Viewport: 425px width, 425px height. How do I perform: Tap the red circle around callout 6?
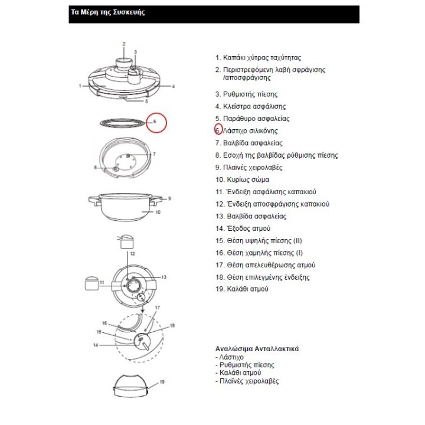pos(156,123)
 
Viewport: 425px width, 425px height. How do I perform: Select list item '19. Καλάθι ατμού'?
pos(242,289)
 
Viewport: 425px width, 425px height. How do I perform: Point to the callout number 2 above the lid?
pos(124,44)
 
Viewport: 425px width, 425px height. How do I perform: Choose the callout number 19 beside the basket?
pos(162,382)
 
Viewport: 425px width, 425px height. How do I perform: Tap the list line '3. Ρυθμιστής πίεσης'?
pos(246,94)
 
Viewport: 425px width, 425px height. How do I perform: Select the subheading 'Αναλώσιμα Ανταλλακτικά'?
pos(257,349)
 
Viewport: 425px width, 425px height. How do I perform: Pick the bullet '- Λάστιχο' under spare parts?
pos(230,358)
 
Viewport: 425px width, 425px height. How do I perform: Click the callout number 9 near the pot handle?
pos(169,199)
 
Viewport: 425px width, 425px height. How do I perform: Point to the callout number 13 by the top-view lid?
pos(164,277)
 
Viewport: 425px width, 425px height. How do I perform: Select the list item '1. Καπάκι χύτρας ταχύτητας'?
pos(258,58)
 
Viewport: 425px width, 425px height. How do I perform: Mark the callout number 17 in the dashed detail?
pos(157,308)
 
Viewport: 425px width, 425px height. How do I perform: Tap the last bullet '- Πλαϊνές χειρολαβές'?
pos(247,381)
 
